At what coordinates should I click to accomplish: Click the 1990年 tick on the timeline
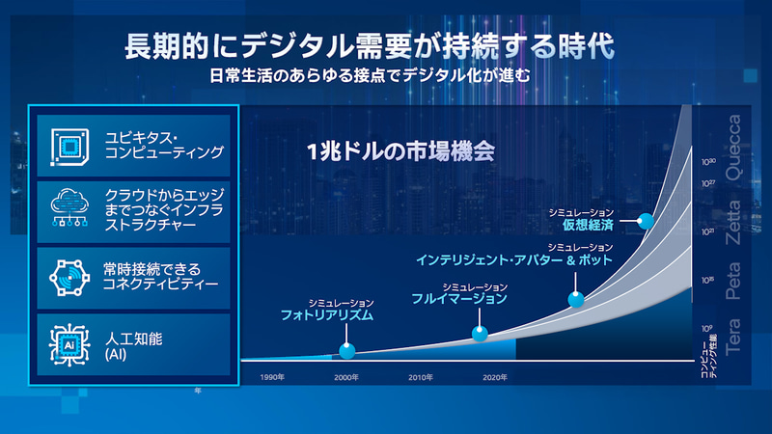pyautogui.click(x=271, y=377)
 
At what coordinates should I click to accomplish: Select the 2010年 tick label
pyautogui.click(x=421, y=377)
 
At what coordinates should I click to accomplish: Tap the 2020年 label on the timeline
pyautogui.click(x=495, y=377)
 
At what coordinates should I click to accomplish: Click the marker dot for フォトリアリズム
pyautogui.click(x=347, y=351)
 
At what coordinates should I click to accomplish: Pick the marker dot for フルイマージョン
pyautogui.click(x=480, y=334)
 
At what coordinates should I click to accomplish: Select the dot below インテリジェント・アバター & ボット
pyautogui.click(x=576, y=299)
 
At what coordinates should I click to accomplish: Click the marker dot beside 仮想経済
pyautogui.click(x=646, y=221)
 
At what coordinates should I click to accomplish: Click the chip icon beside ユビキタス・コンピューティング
pyautogui.click(x=69, y=146)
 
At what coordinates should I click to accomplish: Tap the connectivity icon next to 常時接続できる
pyautogui.click(x=69, y=277)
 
